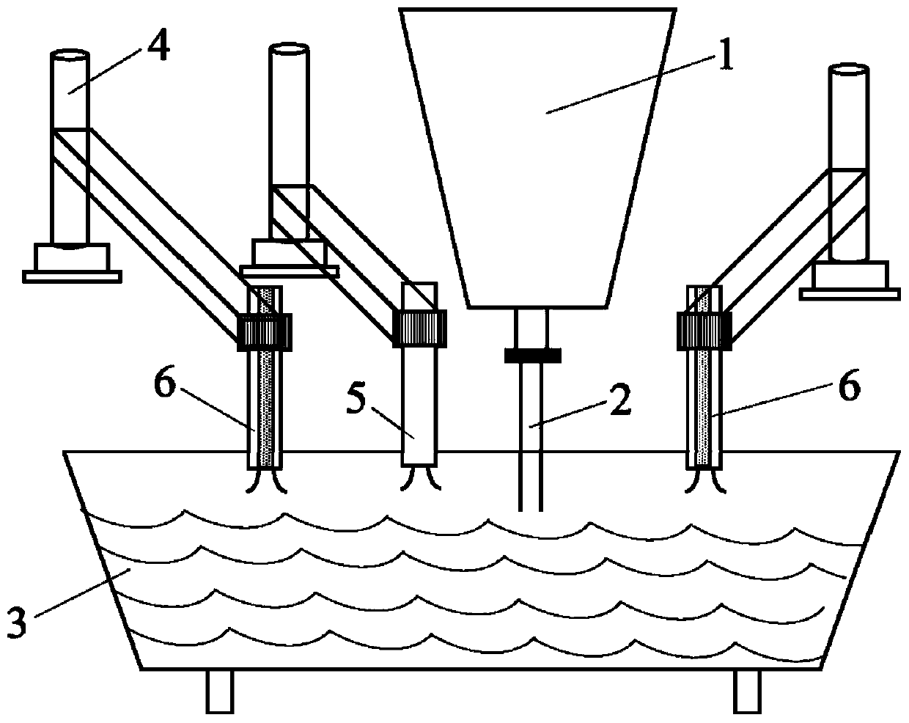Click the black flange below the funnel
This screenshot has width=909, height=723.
tap(532, 356)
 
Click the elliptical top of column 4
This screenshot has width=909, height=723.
tap(70, 56)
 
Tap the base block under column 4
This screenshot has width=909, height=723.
tap(71, 257)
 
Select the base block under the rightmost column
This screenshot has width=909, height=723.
tap(849, 275)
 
